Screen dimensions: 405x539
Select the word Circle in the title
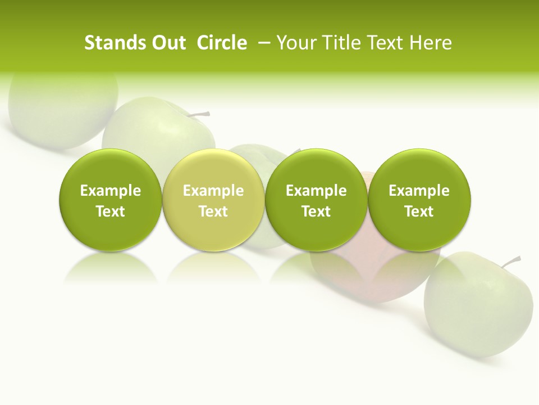[x=222, y=43]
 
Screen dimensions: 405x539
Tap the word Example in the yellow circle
[x=213, y=191]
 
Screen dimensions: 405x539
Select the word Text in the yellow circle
[x=213, y=211]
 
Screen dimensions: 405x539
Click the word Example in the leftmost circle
[x=111, y=191]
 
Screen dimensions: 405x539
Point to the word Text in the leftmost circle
[x=111, y=211]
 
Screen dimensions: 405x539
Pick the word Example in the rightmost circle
[x=419, y=191]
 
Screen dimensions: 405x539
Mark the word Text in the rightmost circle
[x=419, y=211]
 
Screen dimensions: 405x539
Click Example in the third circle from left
[x=316, y=191]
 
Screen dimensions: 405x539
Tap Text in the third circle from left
[x=316, y=211]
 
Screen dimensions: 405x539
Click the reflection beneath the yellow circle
[x=213, y=267]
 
